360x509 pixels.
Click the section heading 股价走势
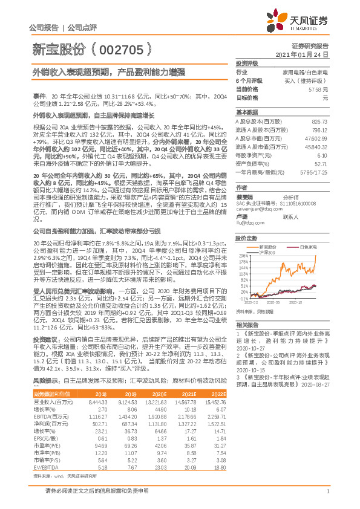246,238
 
